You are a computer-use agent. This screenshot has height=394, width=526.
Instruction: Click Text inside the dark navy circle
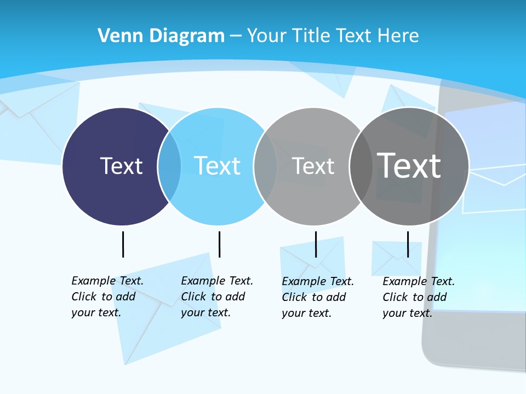point(121,166)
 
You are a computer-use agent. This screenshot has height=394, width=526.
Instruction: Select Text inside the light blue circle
point(217,166)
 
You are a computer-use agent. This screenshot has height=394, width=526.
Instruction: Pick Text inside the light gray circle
point(313,166)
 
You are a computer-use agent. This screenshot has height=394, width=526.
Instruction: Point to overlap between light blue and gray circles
point(265,166)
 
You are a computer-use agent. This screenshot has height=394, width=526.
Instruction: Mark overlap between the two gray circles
point(361,166)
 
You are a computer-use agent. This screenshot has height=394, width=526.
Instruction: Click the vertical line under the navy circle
point(123,244)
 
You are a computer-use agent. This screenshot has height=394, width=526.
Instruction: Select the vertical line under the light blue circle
point(219,244)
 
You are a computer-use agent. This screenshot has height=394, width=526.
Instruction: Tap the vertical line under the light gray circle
point(316,244)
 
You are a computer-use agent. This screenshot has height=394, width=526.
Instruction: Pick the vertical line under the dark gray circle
point(408,244)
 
